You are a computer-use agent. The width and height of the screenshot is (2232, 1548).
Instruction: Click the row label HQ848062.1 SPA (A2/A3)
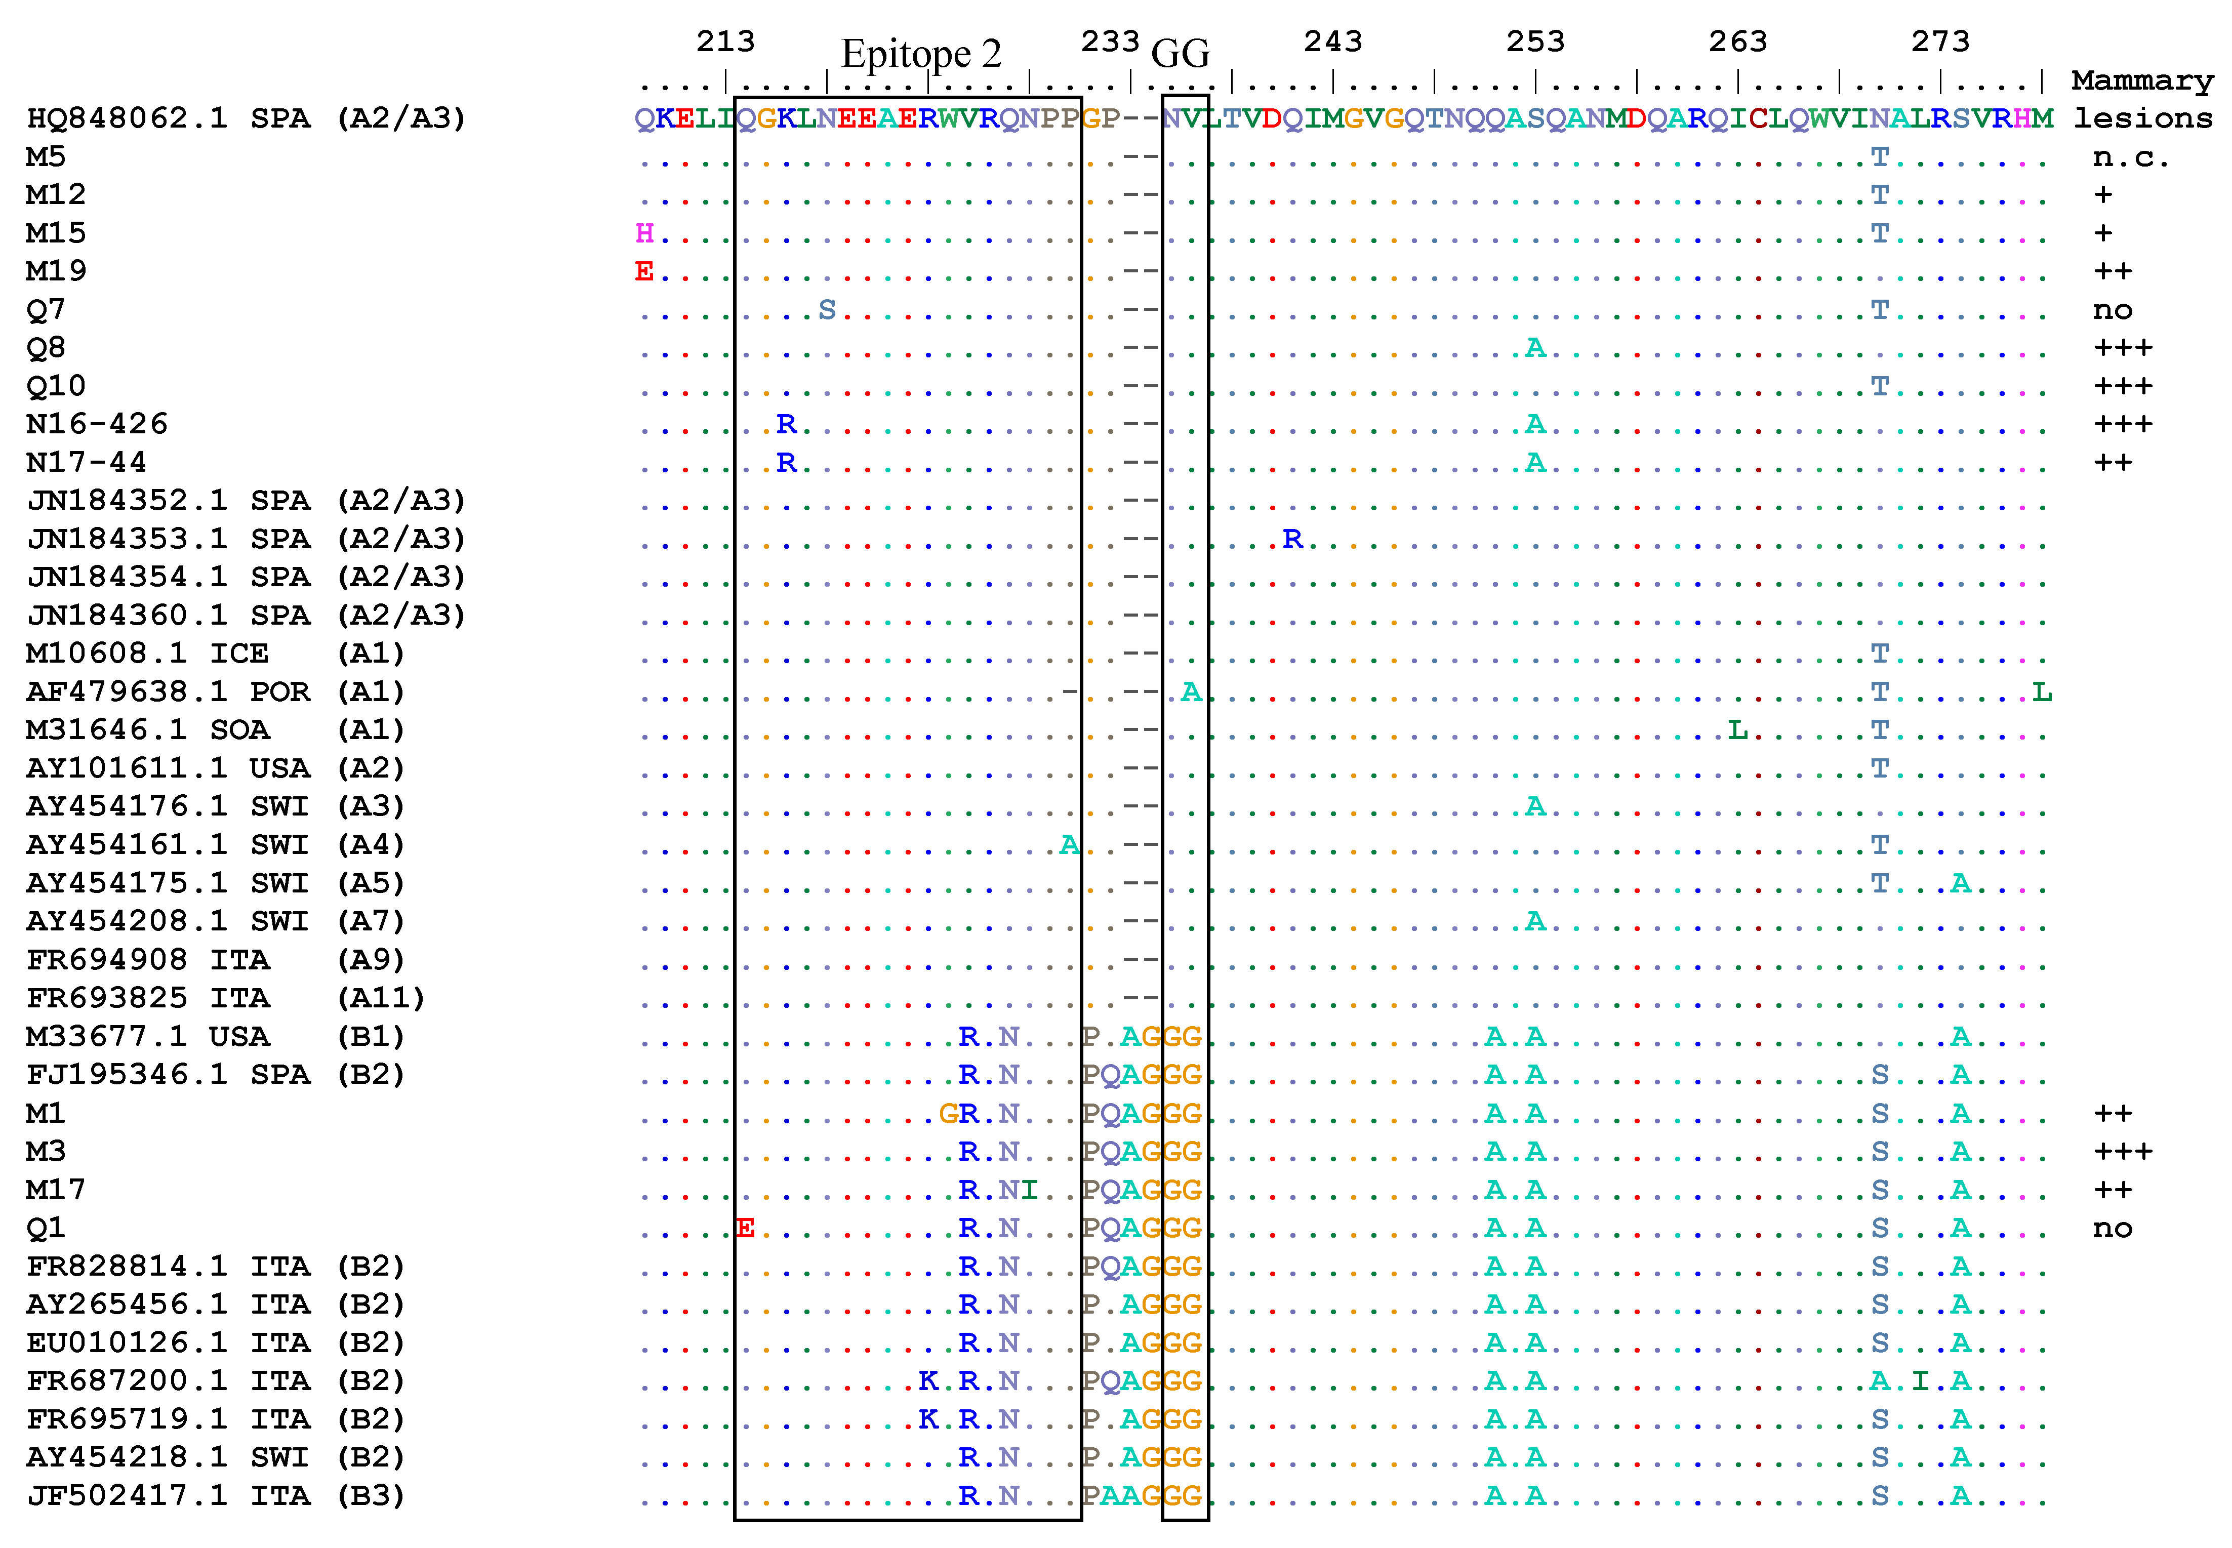click(247, 118)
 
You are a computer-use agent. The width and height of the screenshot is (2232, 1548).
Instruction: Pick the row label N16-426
click(97, 424)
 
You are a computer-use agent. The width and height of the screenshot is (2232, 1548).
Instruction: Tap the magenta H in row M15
click(644, 233)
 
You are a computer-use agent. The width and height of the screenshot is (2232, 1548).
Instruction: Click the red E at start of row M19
click(644, 271)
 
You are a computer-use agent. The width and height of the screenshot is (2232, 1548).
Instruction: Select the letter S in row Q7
click(827, 309)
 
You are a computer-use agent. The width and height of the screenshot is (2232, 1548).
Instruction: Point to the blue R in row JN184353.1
click(1292, 539)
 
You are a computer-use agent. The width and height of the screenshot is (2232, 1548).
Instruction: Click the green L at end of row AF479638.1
click(2042, 692)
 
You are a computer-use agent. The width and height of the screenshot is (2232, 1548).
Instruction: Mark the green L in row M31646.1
click(1737, 729)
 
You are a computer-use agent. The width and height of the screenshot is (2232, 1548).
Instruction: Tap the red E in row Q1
click(745, 1228)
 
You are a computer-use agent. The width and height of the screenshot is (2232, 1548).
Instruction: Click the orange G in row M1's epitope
click(948, 1114)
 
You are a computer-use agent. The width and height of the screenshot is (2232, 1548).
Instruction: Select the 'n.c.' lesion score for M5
click(2130, 157)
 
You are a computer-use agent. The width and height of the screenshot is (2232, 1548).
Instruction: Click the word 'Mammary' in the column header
click(2142, 80)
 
